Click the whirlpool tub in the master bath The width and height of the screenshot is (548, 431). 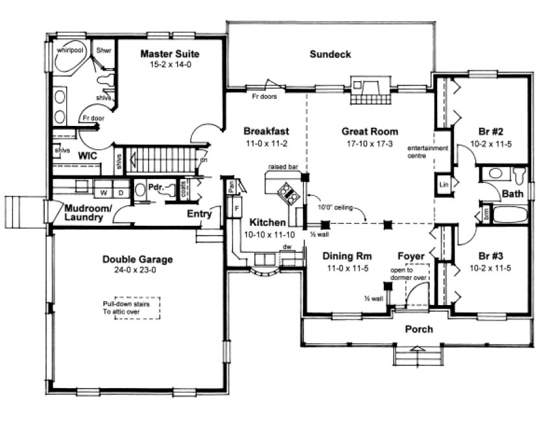71,58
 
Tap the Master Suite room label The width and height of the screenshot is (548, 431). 170,53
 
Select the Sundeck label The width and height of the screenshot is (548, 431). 330,55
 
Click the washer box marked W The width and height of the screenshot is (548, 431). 103,193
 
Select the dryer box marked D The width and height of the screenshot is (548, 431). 120,193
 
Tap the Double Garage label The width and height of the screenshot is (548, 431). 137,260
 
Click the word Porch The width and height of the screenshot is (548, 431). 419,329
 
